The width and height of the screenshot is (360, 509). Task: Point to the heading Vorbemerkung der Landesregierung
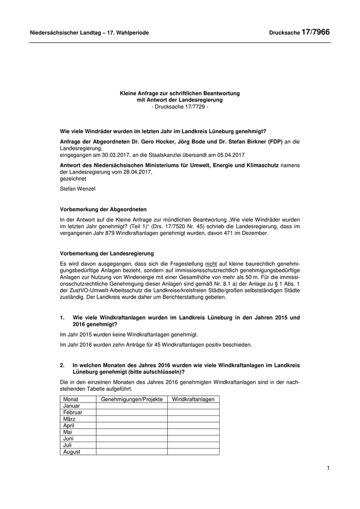(107, 253)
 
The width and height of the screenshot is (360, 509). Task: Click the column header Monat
(70, 399)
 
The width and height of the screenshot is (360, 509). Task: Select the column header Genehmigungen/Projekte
(132, 399)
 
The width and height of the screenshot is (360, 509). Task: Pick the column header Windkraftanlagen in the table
(193, 399)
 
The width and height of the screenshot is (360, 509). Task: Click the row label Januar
(72, 406)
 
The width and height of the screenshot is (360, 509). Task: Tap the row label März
(69, 419)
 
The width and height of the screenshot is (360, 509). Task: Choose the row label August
(72, 452)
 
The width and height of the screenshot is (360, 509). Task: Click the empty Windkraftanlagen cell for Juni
(193, 439)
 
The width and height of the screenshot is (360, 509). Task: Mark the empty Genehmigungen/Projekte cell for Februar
(132, 412)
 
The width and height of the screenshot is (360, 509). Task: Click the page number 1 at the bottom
(328, 468)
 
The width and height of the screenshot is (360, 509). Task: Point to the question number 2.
(62, 365)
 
